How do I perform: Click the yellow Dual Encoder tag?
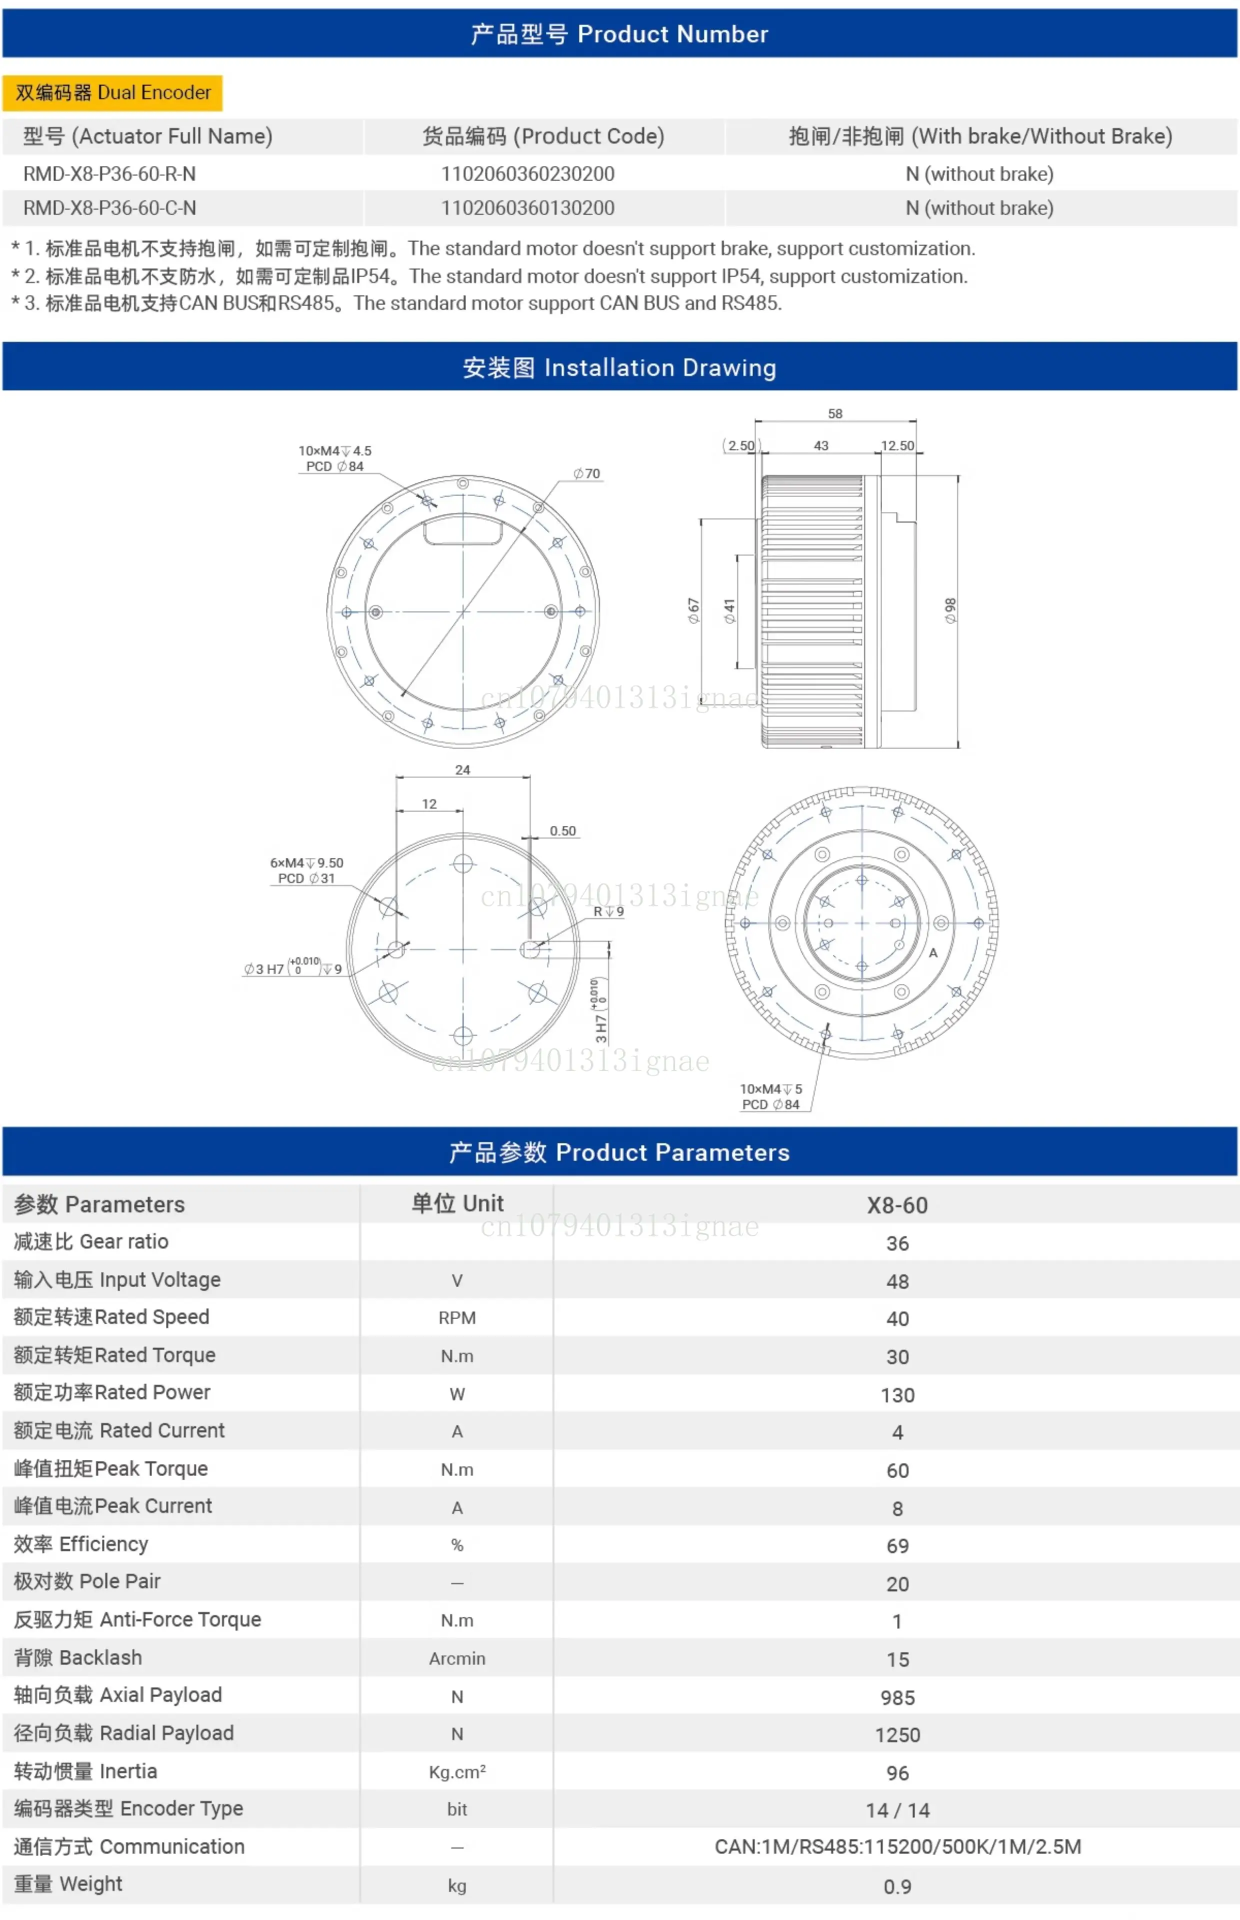pyautogui.click(x=112, y=92)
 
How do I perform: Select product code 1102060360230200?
pyautogui.click(x=527, y=174)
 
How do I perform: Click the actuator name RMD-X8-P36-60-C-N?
pyautogui.click(x=109, y=207)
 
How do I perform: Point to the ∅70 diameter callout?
pyautogui.click(x=587, y=473)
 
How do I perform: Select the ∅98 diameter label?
pyautogui.click(x=950, y=610)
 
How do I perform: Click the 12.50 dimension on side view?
pyautogui.click(x=897, y=445)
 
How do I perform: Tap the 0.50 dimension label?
pyautogui.click(x=563, y=831)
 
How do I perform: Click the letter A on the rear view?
pyautogui.click(x=933, y=952)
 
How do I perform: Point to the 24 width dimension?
pyautogui.click(x=462, y=769)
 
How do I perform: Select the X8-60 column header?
pyautogui.click(x=897, y=1205)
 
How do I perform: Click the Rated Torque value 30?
pyautogui.click(x=897, y=1356)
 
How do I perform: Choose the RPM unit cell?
pyautogui.click(x=456, y=1318)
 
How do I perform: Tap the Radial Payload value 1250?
pyautogui.click(x=897, y=1735)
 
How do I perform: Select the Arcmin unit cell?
pyautogui.click(x=456, y=1658)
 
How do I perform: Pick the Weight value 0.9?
pyautogui.click(x=897, y=1886)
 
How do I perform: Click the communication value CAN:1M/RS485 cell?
pyautogui.click(x=897, y=1846)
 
